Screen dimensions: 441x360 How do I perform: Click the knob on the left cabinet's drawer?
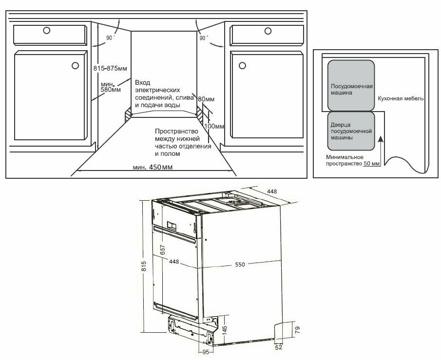point(46,31)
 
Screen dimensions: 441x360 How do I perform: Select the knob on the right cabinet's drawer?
point(267,31)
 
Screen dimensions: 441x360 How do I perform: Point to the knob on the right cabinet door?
point(241,65)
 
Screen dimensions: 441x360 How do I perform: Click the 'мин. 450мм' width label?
point(153,168)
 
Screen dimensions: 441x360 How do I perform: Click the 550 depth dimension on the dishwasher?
point(240,264)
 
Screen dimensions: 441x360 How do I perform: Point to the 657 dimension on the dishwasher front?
point(163,249)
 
